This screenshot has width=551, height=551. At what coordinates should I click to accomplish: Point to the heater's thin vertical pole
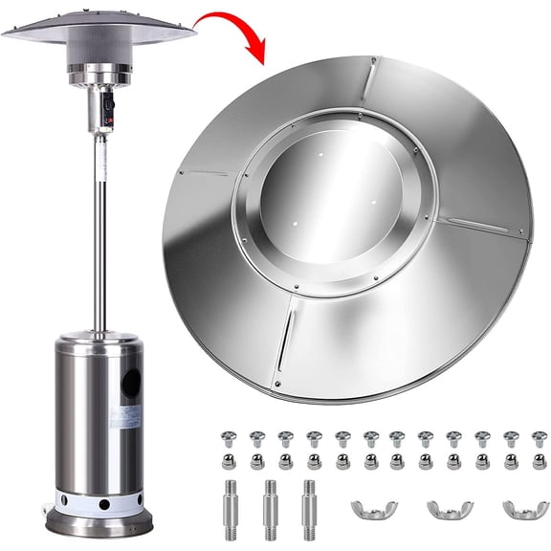(x=99, y=230)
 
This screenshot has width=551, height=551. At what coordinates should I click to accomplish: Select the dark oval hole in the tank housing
(x=131, y=383)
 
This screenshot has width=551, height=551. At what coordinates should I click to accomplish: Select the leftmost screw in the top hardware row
(x=229, y=439)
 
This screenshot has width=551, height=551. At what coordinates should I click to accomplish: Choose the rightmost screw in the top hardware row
(x=539, y=439)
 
